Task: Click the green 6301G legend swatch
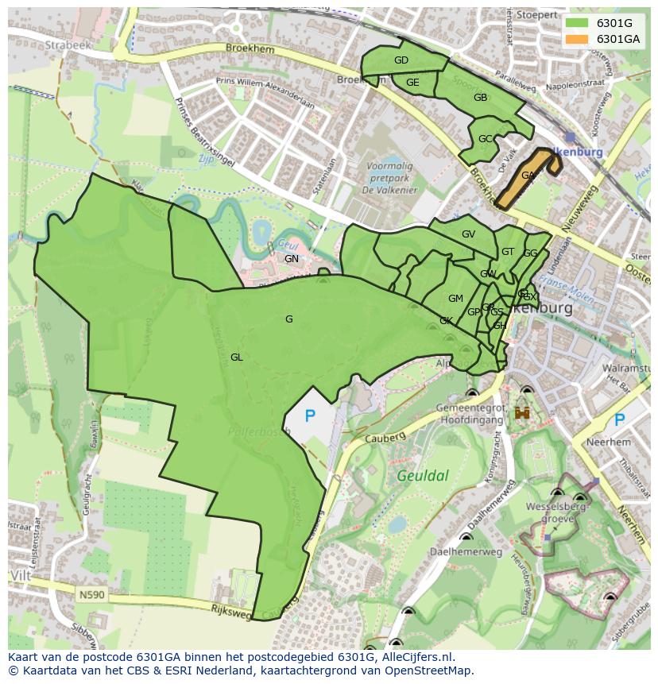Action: (x=576, y=23)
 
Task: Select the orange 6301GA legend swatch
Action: (x=576, y=39)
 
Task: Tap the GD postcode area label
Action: (x=401, y=60)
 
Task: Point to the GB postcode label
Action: (x=480, y=98)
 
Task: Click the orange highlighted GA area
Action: (x=528, y=176)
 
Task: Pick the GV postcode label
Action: (x=468, y=234)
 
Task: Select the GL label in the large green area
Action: (x=236, y=357)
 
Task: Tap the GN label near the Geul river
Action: (x=292, y=259)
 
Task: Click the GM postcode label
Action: (x=455, y=299)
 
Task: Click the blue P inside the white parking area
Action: (x=310, y=415)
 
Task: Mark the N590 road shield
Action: (x=92, y=593)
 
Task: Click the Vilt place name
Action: (x=21, y=574)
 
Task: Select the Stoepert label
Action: (x=536, y=15)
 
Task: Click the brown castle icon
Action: (x=522, y=412)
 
